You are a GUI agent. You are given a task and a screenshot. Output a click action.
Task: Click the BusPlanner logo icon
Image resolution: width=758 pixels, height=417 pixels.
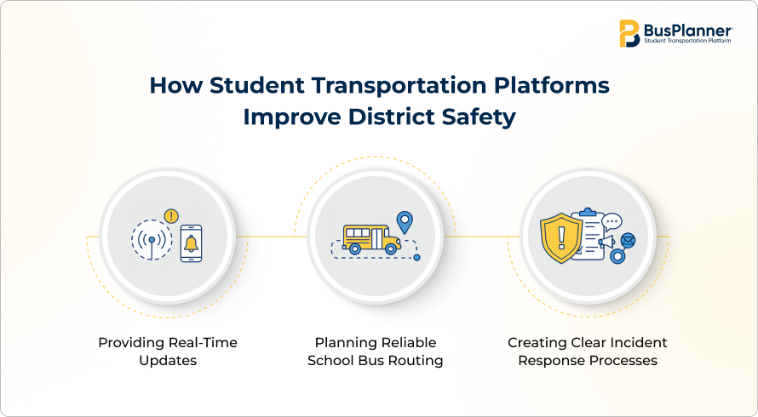[629, 33]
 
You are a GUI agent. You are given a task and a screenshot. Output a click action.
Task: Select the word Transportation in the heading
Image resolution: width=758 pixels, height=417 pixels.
[399, 85]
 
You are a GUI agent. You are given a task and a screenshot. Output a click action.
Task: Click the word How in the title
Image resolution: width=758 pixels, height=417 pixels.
[176, 85]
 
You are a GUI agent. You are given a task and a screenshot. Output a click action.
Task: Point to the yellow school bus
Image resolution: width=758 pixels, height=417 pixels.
[371, 239]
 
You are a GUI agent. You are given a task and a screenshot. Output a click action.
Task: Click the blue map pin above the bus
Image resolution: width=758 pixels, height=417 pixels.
[405, 222]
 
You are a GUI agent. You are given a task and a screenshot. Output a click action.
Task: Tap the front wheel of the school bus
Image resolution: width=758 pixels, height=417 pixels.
[391, 248]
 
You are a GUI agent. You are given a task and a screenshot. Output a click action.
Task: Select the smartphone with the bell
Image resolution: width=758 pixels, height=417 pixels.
[191, 243]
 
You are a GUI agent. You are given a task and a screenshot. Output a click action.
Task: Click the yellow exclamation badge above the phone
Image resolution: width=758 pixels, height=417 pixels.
[171, 216]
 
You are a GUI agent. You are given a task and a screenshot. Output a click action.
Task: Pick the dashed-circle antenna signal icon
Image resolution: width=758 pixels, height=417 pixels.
[152, 240]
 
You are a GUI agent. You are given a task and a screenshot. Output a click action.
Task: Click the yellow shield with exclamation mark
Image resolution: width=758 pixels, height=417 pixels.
[561, 238]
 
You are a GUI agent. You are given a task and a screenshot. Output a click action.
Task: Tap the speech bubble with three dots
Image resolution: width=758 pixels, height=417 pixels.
[612, 222]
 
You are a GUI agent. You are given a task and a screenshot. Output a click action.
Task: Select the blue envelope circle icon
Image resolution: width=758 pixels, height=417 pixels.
[628, 240]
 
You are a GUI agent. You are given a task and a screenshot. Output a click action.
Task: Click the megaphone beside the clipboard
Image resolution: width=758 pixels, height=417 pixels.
[606, 241]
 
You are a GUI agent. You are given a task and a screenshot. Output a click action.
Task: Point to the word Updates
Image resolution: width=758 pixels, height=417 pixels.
[168, 361]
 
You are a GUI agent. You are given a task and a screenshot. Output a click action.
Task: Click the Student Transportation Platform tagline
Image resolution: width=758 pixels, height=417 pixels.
[687, 41]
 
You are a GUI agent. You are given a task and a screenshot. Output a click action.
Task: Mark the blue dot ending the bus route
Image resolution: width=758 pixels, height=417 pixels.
[416, 258]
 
